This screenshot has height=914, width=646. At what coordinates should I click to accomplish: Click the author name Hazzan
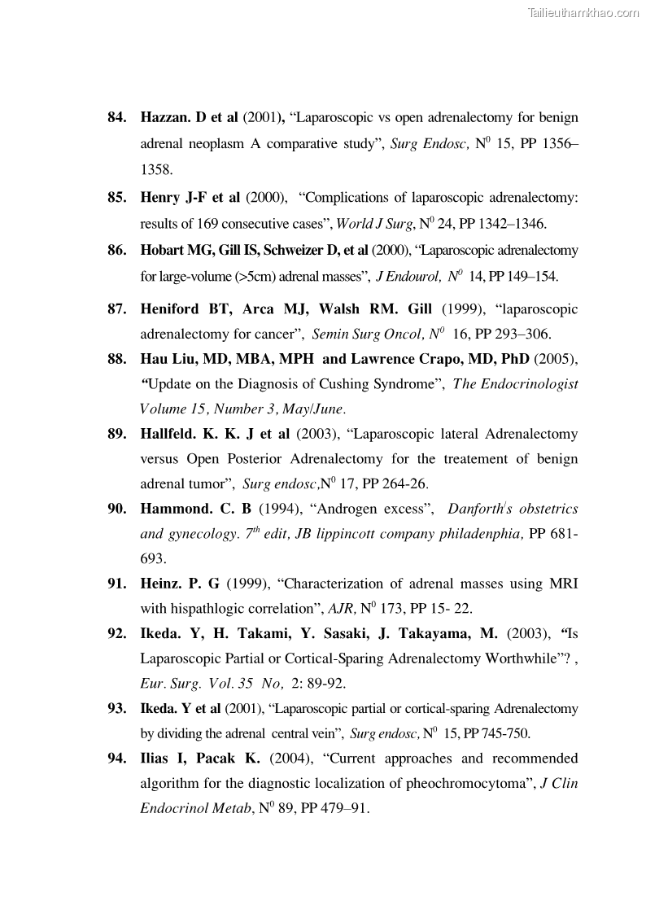[x=166, y=118]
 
